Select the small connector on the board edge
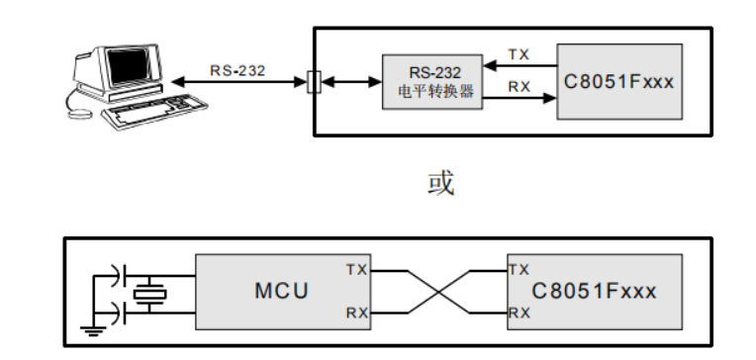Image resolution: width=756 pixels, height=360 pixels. click(x=315, y=83)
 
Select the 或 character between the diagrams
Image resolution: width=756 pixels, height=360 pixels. click(x=438, y=184)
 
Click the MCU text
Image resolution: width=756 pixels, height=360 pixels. click(x=281, y=292)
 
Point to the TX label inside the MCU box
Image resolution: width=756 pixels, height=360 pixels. click(x=357, y=269)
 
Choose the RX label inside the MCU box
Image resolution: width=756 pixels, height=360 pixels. click(x=357, y=314)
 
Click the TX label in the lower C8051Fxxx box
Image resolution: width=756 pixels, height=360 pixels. click(x=519, y=269)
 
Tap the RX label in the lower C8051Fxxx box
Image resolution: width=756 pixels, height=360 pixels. click(x=519, y=314)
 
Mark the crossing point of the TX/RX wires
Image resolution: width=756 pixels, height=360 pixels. click(x=438, y=292)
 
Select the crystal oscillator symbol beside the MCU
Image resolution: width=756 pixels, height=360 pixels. click(x=150, y=293)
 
